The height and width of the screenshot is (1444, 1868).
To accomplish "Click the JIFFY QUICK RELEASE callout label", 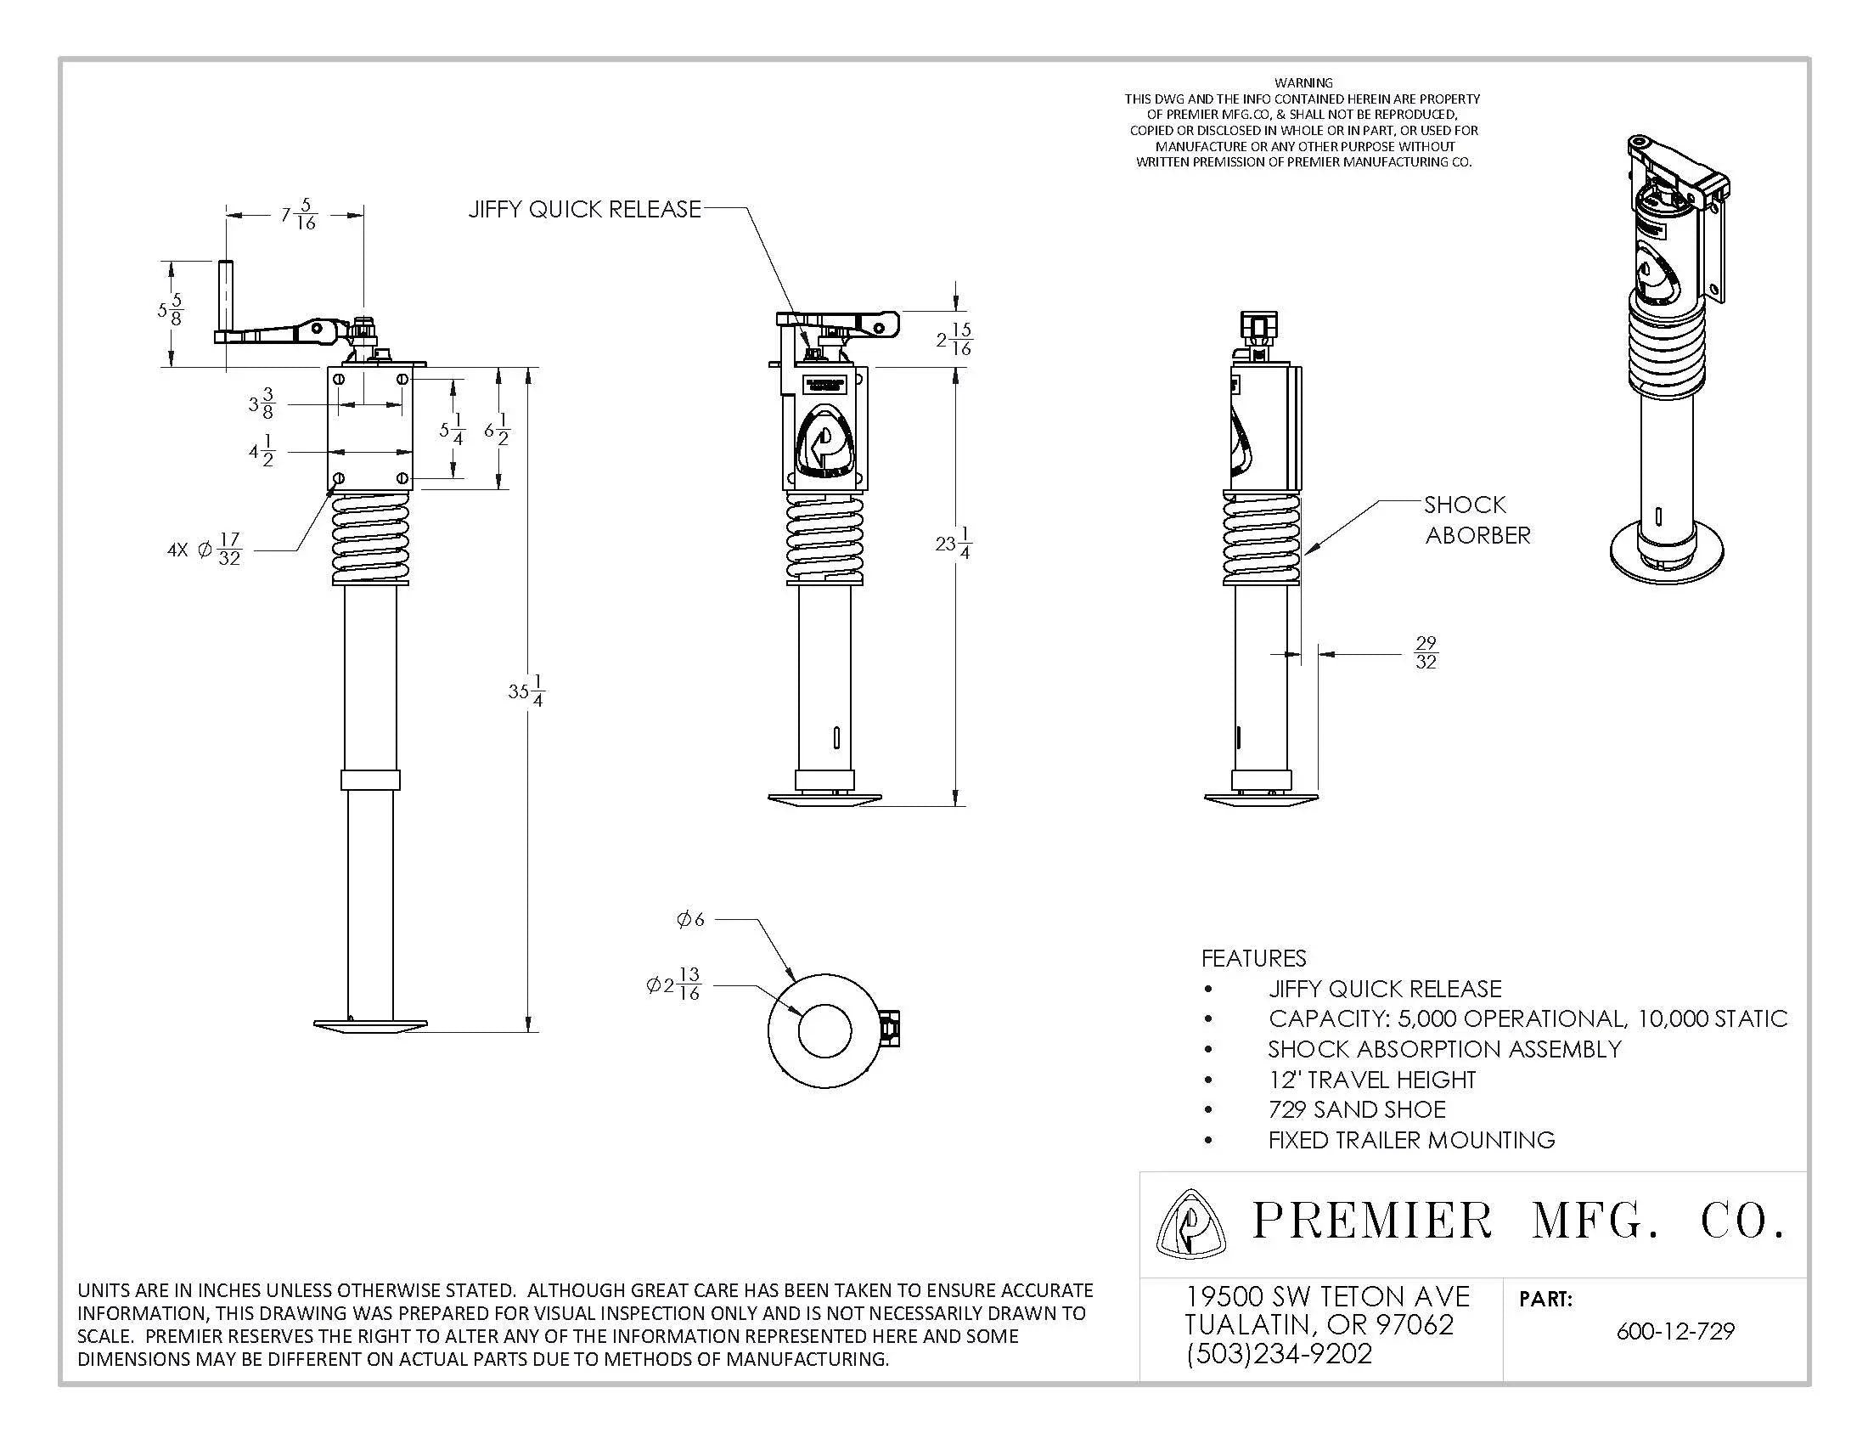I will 584,210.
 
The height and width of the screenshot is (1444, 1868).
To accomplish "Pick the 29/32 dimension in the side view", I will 1426,652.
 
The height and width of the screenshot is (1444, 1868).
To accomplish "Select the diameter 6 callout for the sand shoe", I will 691,920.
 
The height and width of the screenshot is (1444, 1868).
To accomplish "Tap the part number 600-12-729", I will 1674,1332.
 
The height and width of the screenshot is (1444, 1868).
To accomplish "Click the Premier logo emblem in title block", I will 1189,1224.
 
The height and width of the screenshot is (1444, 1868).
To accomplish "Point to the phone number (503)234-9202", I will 1279,1353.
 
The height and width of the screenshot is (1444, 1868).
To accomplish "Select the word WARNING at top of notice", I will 1303,83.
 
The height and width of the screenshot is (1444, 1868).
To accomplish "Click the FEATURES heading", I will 1254,958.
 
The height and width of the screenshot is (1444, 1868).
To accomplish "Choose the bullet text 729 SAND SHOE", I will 1357,1109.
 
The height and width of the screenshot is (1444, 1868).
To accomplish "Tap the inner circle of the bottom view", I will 824,1031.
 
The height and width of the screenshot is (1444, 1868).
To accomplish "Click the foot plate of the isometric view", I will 1666,552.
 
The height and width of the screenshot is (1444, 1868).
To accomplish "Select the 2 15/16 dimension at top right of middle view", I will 955,340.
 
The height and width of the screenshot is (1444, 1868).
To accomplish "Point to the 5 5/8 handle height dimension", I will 170,310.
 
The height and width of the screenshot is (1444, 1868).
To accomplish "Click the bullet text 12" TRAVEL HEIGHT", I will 1372,1080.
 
